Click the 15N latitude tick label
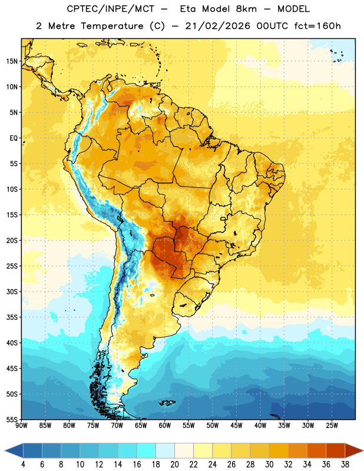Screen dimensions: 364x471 12,61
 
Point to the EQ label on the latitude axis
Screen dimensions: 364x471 14,138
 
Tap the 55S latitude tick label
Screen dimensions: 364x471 12,419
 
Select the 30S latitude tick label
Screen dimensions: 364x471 12,291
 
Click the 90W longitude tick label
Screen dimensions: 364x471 21,426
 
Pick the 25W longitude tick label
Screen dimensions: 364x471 332,426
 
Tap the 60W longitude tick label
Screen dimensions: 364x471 165,426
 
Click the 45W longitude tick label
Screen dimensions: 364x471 237,426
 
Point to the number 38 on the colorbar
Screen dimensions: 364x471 345,465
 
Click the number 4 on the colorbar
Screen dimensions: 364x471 23,465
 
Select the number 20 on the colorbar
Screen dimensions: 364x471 174,465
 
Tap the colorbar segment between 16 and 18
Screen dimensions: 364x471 147,451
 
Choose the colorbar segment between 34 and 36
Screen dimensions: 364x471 317,451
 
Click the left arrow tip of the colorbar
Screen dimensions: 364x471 5,451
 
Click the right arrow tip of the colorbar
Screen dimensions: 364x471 363,451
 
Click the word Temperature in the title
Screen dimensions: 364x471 112,26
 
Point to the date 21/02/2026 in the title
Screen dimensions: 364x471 217,26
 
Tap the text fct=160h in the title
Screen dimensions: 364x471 317,26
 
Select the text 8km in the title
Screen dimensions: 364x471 246,9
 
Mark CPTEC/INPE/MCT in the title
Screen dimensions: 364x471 110,9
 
